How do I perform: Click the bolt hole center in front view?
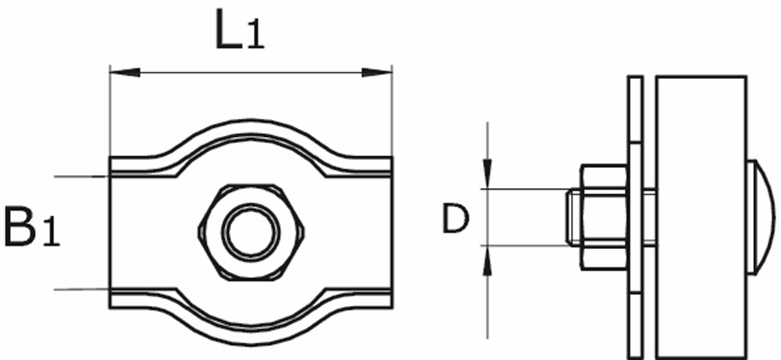250,231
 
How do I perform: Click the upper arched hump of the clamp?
250,131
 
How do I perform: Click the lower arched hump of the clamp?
250,332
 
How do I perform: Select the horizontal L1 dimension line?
250,73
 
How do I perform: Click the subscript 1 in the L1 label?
255,40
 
